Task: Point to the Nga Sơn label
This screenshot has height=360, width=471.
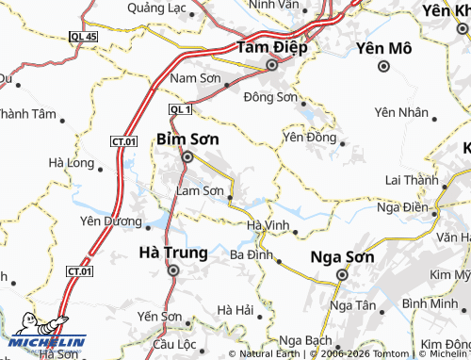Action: click(343, 256)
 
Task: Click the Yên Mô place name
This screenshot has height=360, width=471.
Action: click(383, 47)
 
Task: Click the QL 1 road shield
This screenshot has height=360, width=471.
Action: click(180, 110)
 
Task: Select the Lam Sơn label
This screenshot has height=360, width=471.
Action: click(200, 190)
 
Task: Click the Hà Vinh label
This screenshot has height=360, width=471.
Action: click(268, 225)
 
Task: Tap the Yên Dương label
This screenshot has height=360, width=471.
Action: click(109, 221)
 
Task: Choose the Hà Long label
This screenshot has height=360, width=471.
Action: click(71, 163)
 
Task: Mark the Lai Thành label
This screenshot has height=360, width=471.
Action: click(412, 180)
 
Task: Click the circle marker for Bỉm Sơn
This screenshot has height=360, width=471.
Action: click(187, 157)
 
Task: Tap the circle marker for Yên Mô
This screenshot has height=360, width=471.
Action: click(384, 66)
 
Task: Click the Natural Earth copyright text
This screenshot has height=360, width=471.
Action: click(269, 354)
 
